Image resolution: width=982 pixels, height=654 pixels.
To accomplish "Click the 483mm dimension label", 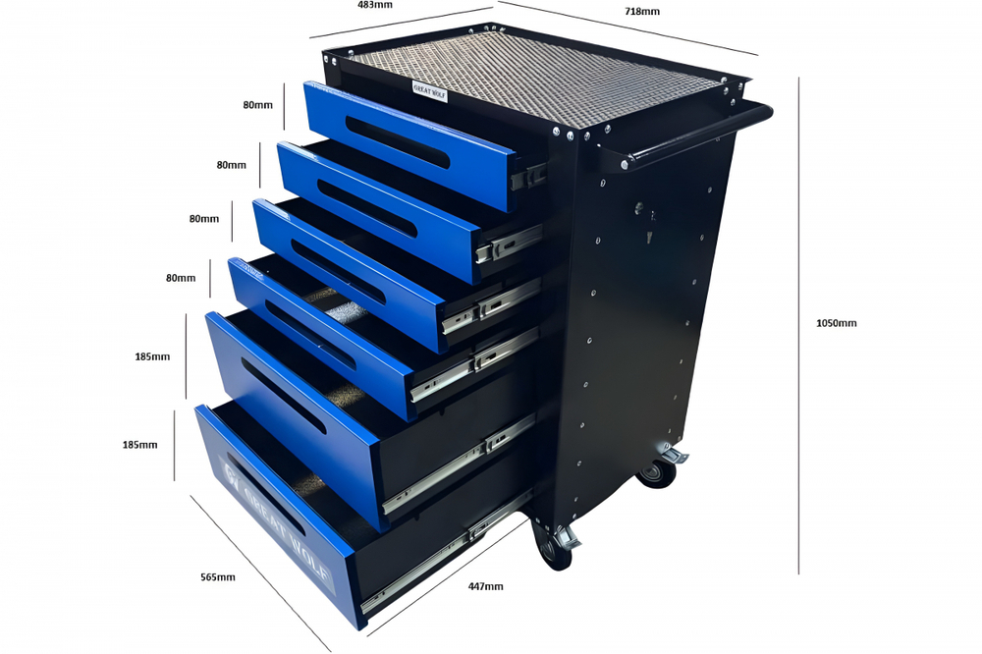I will coord(377,5).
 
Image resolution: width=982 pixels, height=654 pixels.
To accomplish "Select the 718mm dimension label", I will coord(642,11).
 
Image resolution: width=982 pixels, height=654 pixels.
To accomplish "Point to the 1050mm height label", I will coord(836,323).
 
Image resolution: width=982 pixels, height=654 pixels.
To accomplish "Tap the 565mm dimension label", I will coord(217,576).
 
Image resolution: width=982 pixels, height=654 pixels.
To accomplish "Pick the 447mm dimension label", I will coord(485,586).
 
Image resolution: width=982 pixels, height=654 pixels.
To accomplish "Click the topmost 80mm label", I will coord(258,105).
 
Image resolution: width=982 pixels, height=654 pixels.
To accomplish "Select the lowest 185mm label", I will coord(139,445).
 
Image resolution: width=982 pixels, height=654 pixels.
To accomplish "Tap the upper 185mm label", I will coord(152,356).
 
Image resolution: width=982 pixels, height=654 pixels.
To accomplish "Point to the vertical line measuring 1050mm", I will coord(799,324).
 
